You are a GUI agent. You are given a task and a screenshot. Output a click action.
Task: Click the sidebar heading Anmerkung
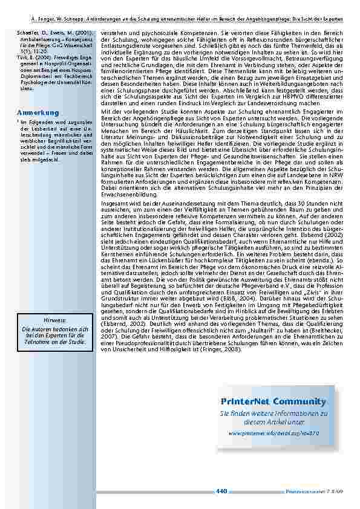(x=38, y=113)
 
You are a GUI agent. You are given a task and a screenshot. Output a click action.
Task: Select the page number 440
(x=220, y=490)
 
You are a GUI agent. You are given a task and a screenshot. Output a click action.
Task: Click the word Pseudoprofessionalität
(x=140, y=342)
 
